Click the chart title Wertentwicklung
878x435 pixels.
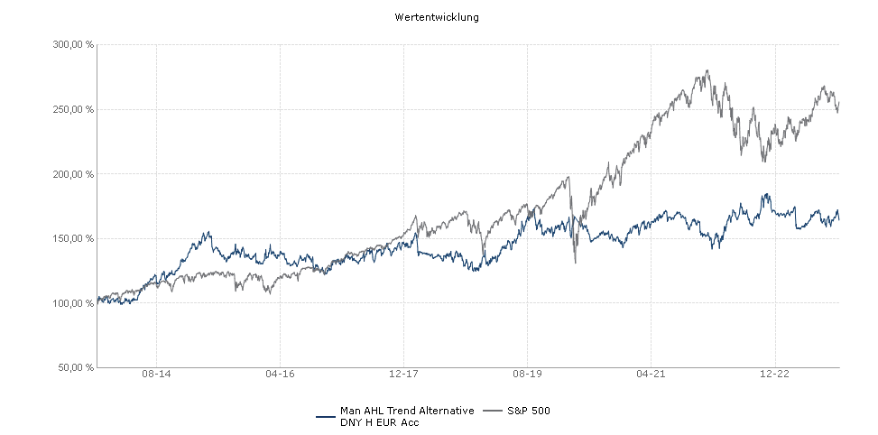437,17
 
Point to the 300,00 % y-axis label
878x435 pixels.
74,44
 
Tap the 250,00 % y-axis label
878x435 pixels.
74,109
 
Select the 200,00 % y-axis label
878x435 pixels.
74,174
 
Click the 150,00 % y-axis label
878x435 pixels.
74,239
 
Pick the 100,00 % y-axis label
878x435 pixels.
74,303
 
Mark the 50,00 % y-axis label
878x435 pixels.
77,368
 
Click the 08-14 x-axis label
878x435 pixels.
157,374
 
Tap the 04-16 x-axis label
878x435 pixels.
281,374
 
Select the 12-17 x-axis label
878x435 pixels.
403,374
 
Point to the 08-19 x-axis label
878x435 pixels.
527,374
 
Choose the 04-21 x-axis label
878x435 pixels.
651,374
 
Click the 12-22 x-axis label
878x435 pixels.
774,374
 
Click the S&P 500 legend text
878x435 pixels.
530,411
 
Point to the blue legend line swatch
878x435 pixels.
326,416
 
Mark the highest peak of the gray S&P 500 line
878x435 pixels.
707,71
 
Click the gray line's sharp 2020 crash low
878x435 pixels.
575,262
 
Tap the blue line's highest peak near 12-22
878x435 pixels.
766,194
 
